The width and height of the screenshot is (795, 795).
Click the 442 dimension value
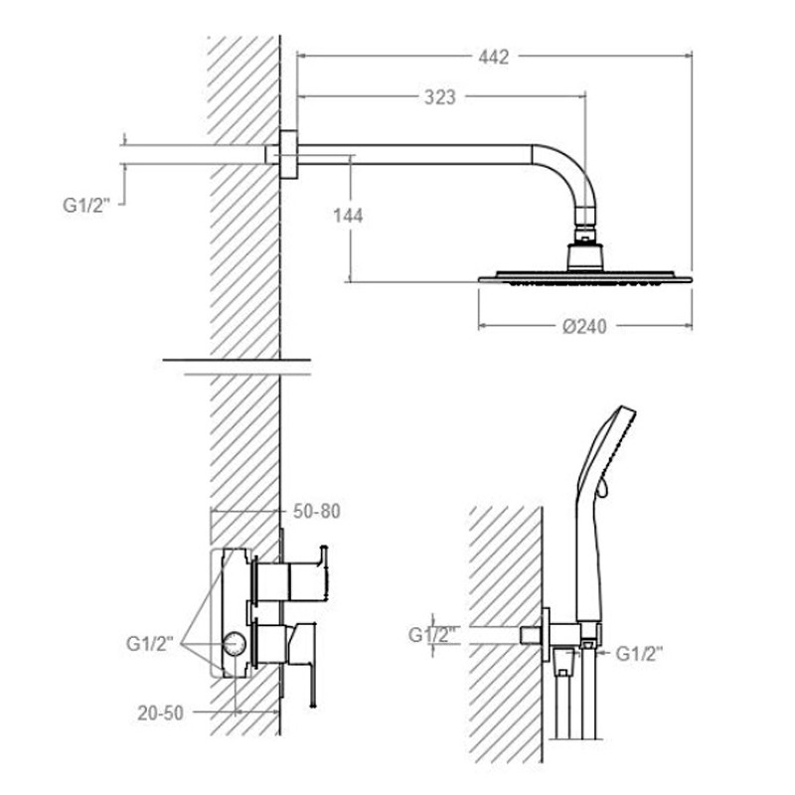point(493,57)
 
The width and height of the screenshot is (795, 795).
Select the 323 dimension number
point(439,96)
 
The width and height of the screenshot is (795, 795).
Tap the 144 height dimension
point(348,216)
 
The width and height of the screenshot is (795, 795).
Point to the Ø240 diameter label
point(584,327)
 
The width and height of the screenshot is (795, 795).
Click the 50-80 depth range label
point(317,511)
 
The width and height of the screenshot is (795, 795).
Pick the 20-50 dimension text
point(160,714)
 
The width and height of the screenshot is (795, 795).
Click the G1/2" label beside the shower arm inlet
point(86,206)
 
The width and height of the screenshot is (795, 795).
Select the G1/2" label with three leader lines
point(150,644)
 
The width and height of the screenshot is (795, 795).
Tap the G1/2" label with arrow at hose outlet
point(639,654)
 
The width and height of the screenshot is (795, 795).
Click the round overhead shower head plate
point(585,278)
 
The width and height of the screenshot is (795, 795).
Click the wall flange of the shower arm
point(288,155)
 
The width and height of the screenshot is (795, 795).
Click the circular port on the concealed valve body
point(235,644)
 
